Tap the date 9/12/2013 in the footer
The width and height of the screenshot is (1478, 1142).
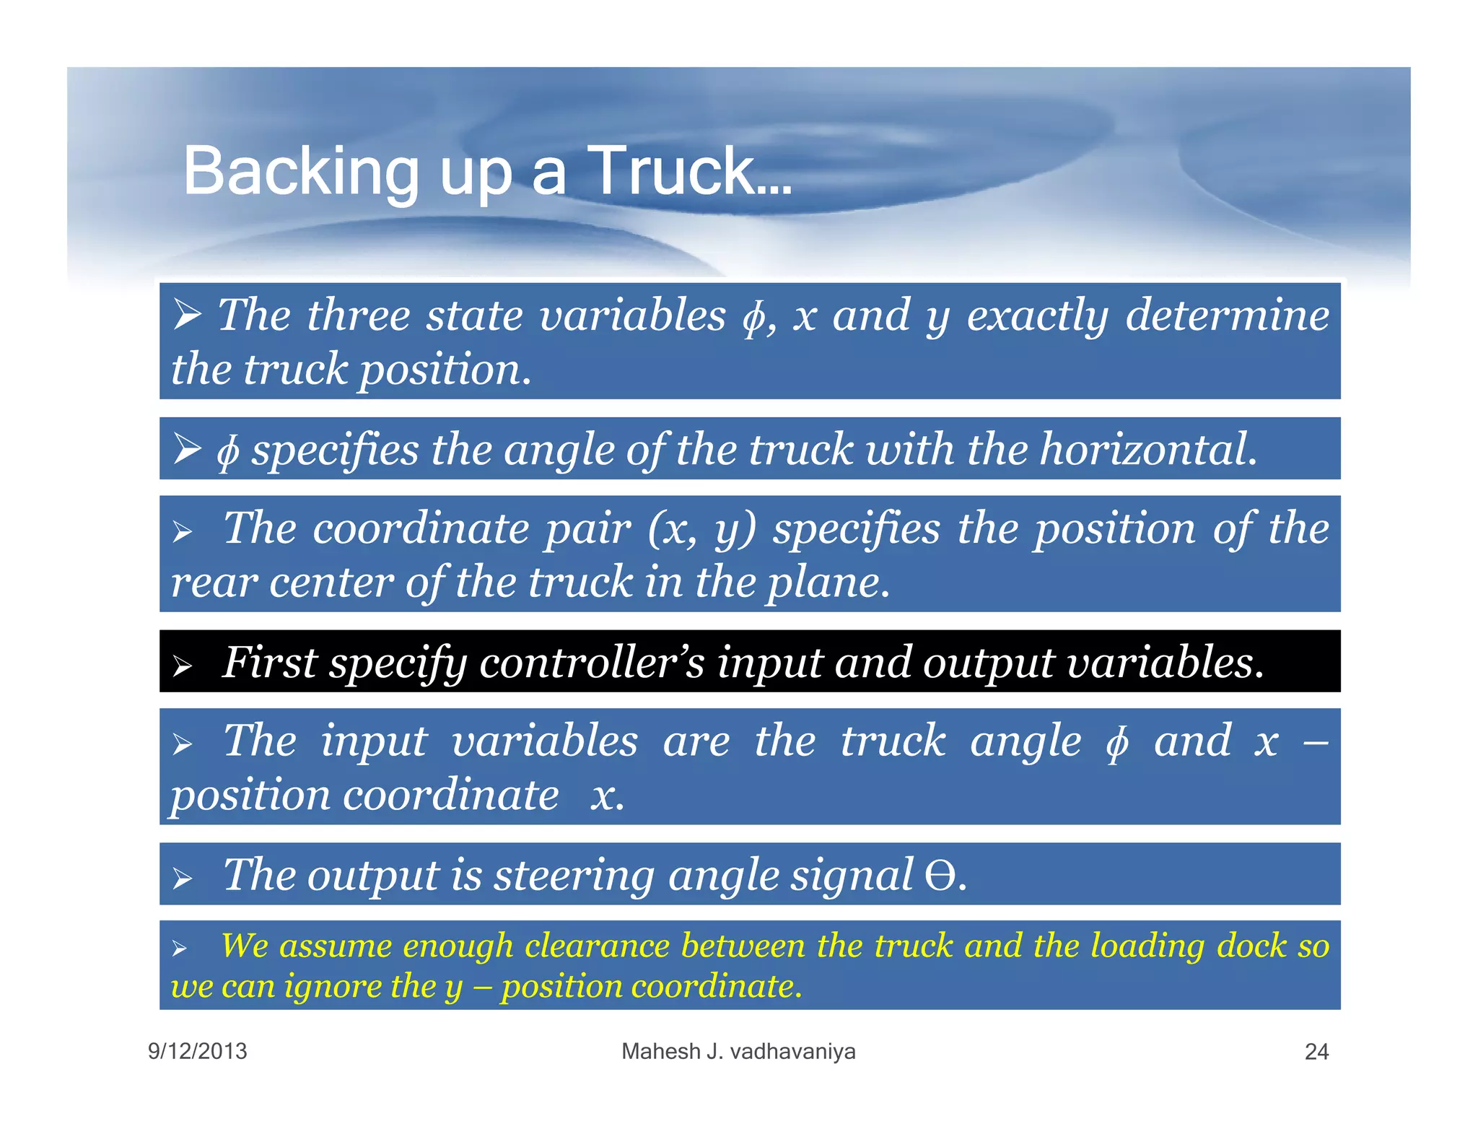coord(197,1051)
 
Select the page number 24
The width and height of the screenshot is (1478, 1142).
coord(1316,1052)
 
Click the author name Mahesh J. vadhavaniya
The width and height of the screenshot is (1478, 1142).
coord(738,1051)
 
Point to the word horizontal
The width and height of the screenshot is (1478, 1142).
coord(1147,449)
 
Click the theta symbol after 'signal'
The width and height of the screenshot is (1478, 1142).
coord(940,876)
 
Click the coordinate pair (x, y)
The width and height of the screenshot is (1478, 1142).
coord(701,529)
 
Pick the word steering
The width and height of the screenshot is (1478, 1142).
coord(574,876)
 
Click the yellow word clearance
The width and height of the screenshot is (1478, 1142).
coord(597,946)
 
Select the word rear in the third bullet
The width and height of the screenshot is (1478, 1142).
coord(214,583)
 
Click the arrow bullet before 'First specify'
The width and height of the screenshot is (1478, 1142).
coord(183,666)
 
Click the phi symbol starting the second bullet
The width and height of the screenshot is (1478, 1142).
coord(227,451)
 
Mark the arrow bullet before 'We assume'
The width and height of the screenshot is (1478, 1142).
coord(180,949)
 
